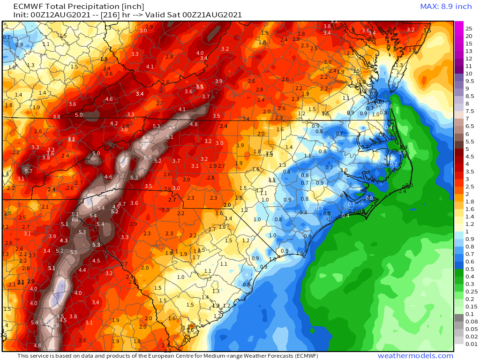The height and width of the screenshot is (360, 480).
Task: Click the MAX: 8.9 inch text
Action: pyautogui.click(x=445, y=6)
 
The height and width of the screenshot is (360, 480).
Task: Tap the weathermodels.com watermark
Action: pyautogui.click(x=415, y=356)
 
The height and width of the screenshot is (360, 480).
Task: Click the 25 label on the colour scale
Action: pyautogui.click(x=468, y=29)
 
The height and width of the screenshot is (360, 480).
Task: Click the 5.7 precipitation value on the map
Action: pyautogui.click(x=29, y=171)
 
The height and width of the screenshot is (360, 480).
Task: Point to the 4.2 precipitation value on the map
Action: pyautogui.click(x=113, y=123)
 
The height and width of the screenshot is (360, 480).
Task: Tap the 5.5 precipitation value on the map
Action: pyautogui.click(x=74, y=252)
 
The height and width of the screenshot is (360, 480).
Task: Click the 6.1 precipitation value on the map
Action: pyautogui.click(x=75, y=219)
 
